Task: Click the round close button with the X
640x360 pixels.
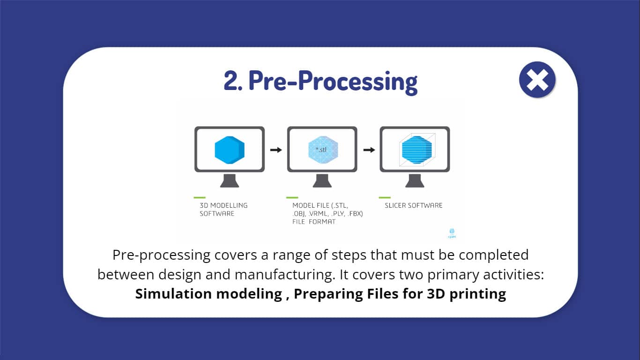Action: pyautogui.click(x=537, y=80)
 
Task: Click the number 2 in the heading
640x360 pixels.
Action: pyautogui.click(x=231, y=81)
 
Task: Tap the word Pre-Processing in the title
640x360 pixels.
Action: pyautogui.click(x=333, y=82)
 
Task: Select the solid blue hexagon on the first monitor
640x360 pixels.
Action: pyautogui.click(x=230, y=150)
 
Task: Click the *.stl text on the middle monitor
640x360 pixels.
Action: pyautogui.click(x=321, y=150)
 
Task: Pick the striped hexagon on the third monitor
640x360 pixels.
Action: pyautogui.click(x=417, y=150)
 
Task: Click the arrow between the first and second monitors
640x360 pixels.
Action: pyautogui.click(x=276, y=150)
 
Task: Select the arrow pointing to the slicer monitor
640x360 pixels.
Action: pyautogui.click(x=369, y=150)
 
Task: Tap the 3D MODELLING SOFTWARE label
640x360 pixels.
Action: pyautogui.click(x=223, y=210)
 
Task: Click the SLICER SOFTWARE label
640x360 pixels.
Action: pyautogui.click(x=413, y=205)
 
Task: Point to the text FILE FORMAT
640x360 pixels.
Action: pyautogui.click(x=314, y=222)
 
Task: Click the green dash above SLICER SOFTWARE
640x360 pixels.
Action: pyautogui.click(x=385, y=198)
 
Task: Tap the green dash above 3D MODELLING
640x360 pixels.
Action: pyautogui.click(x=200, y=198)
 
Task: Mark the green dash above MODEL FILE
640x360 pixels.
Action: pyautogui.click(x=292, y=198)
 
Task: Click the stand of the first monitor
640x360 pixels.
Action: pyautogui.click(x=230, y=181)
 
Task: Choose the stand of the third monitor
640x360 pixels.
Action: pyautogui.click(x=415, y=181)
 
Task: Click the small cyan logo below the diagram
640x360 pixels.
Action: pyautogui.click(x=452, y=233)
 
